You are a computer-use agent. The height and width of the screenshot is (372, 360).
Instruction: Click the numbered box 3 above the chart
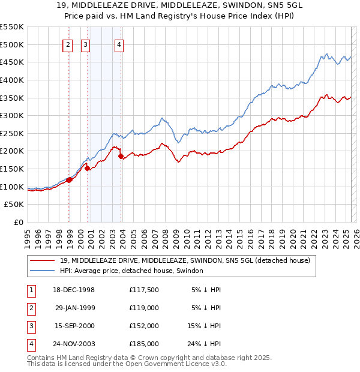[86, 44]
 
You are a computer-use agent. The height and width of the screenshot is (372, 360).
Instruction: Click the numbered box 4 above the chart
[119, 44]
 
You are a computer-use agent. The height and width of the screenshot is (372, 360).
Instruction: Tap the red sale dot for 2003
[121, 157]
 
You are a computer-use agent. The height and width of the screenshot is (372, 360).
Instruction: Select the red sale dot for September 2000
[87, 168]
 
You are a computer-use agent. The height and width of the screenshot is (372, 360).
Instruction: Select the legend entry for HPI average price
[131, 271]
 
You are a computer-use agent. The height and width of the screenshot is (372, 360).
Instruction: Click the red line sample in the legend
[43, 260]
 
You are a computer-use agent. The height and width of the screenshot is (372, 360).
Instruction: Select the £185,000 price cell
[144, 344]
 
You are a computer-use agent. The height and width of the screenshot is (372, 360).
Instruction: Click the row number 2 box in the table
[30, 308]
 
